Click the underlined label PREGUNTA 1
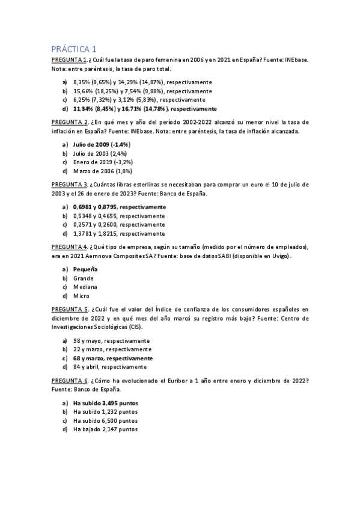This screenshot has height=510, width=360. coord(69,60)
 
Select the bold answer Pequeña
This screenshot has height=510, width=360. coord(85,270)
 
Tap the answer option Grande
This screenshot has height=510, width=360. coord(84,278)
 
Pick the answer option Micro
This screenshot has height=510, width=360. coord(82,296)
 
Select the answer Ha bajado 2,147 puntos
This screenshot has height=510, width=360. coord(105,429)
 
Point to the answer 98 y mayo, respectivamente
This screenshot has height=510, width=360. coord(112,340)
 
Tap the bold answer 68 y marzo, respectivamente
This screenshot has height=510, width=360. coord(113,358)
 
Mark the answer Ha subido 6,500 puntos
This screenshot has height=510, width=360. coord(105,420)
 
